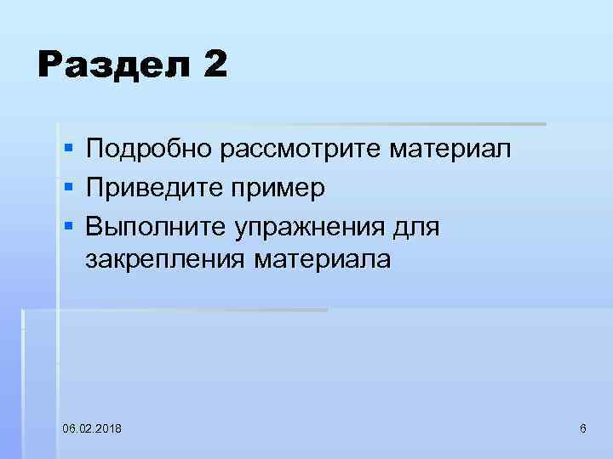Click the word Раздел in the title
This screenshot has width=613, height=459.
109,66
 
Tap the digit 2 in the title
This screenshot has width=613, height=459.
215,65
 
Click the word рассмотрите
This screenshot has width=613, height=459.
301,151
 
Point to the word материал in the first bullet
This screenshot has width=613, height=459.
451,150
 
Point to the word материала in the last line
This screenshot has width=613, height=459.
323,260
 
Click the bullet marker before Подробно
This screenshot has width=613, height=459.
68,150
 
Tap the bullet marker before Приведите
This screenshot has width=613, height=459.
68,187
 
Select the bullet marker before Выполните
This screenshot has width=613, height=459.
68,224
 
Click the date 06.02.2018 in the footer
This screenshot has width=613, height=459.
91,428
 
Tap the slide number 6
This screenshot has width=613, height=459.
582,428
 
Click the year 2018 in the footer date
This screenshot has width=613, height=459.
108,428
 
